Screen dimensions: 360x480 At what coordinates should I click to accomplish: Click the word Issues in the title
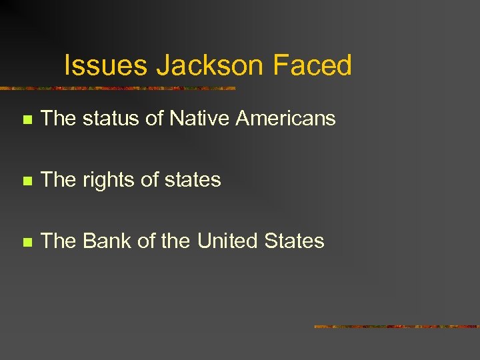106,65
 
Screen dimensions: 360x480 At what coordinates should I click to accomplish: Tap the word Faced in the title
311,65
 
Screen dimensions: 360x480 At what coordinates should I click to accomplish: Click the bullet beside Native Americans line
26,120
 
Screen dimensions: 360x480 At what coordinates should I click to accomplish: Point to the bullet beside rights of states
26,181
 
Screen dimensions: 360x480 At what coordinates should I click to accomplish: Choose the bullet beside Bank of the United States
26,242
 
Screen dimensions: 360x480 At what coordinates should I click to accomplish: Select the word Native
199,119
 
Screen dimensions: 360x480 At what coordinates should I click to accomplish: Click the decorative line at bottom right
397,327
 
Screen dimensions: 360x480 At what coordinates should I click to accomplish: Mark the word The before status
59,119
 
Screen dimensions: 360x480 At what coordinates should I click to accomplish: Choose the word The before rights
59,180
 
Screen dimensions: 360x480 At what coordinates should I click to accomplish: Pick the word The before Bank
59,241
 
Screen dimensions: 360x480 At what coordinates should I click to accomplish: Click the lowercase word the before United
175,241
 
